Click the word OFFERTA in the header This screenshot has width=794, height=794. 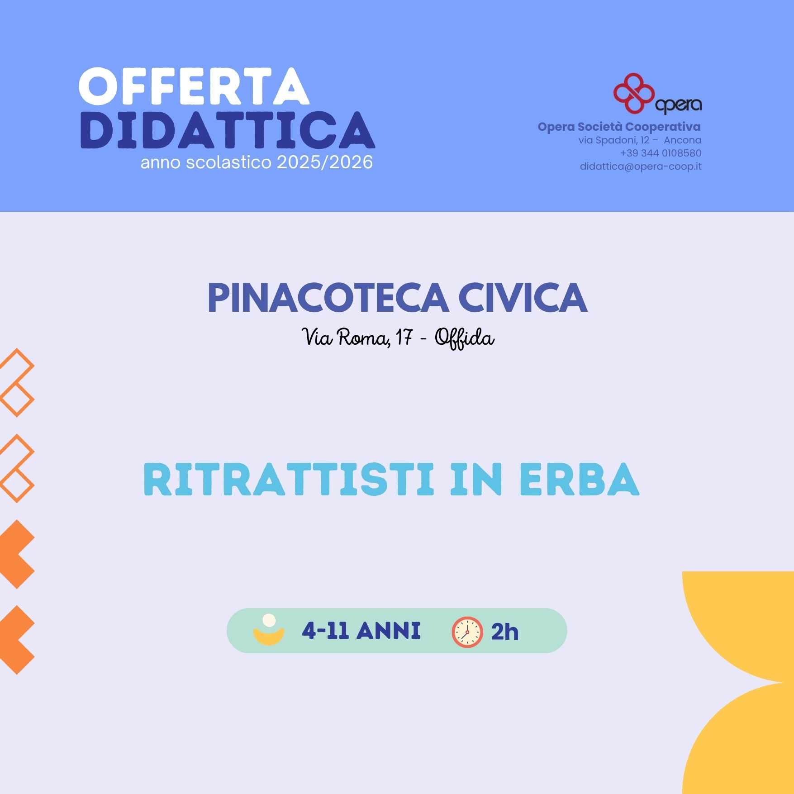[194, 87]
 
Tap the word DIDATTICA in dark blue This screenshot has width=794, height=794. [228, 130]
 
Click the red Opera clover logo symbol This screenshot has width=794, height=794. [634, 93]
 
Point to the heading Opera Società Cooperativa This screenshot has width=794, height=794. [619, 127]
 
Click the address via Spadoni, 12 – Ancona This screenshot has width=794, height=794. [640, 140]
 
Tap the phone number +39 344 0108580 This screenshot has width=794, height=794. [661, 153]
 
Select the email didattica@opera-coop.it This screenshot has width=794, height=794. [641, 166]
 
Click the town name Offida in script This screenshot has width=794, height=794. [465, 338]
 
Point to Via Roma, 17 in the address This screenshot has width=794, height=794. [357, 337]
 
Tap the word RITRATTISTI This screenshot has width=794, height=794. [289, 479]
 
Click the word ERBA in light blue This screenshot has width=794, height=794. [580, 479]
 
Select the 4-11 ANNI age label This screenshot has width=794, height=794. [361, 631]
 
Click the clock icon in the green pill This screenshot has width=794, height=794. [467, 632]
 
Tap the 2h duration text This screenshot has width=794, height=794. [505, 632]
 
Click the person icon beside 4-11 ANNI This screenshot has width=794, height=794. [269, 629]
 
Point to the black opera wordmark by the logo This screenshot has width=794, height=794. [678, 105]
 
